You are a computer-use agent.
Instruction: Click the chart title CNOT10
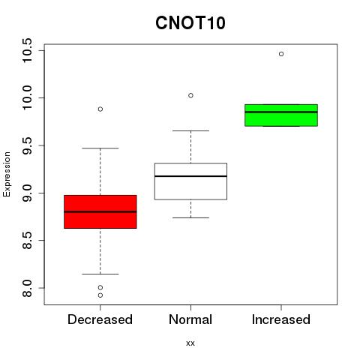coord(190,22)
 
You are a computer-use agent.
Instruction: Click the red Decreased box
coord(100,211)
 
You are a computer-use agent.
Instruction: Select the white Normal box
coord(190,181)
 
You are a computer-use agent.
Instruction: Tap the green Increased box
coord(281,115)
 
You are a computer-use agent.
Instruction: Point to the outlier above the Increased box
coord(281,54)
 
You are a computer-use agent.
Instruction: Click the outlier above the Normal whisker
coord(190,95)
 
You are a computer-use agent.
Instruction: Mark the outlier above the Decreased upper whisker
coord(100,109)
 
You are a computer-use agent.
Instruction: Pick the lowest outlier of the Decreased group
coord(100,295)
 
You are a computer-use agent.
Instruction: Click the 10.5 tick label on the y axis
coord(27,51)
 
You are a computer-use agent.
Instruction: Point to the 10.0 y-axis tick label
coord(27,98)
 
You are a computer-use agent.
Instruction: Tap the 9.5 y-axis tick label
coord(27,145)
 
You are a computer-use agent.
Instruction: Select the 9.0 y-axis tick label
coord(27,193)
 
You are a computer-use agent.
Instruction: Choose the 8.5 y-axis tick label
coord(27,241)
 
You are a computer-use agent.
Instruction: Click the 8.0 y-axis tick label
coord(27,288)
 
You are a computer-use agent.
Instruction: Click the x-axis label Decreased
coord(100,319)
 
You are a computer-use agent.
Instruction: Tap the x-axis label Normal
coord(190,319)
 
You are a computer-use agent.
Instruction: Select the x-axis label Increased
coord(281,319)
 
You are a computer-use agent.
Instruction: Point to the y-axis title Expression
coord(7,174)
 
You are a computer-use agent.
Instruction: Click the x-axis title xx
coord(190,343)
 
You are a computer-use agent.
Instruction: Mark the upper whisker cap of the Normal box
coord(190,130)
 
